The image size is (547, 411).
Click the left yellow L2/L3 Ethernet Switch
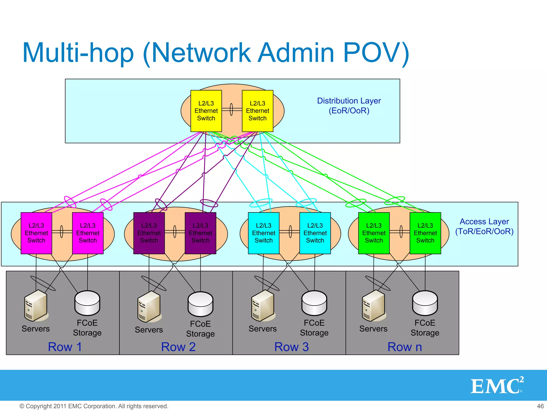[206, 111]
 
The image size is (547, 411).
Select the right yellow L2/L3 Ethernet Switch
[257, 111]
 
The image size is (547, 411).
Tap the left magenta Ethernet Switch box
[36, 233]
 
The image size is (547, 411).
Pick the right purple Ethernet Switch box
[200, 233]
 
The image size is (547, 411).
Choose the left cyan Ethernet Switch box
[264, 233]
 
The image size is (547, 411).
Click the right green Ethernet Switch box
[425, 233]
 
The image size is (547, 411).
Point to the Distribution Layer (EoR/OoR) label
[349, 106]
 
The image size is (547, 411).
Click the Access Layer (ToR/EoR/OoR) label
[484, 226]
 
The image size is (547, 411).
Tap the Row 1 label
[65, 347]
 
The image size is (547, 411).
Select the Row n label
[405, 347]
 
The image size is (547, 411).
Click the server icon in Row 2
[149, 307]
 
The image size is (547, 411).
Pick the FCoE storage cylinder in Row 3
[314, 303]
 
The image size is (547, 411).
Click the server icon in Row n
[373, 306]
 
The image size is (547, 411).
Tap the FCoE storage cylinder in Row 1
[87, 303]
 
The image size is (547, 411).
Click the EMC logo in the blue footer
[497, 386]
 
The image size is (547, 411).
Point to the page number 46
[540, 406]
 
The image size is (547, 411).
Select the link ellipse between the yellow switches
[232, 109]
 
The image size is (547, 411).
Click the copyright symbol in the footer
[22, 406]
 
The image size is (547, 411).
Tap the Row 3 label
[291, 347]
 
